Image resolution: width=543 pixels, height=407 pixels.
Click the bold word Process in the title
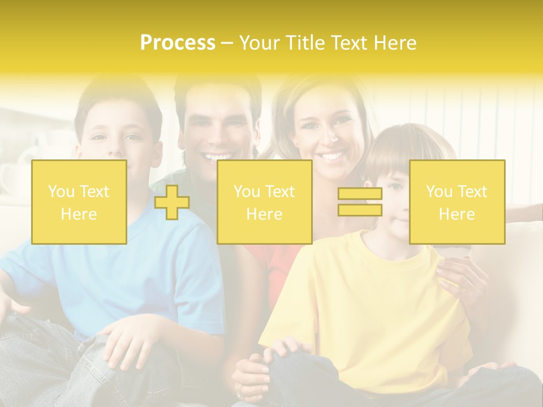178,43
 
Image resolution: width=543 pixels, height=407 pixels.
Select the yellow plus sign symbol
172,202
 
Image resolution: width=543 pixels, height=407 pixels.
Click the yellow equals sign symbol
360,202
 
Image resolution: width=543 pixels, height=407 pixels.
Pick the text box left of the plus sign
79,202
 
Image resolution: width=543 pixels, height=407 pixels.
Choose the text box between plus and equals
265,202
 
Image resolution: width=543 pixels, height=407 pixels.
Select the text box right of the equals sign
457,202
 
